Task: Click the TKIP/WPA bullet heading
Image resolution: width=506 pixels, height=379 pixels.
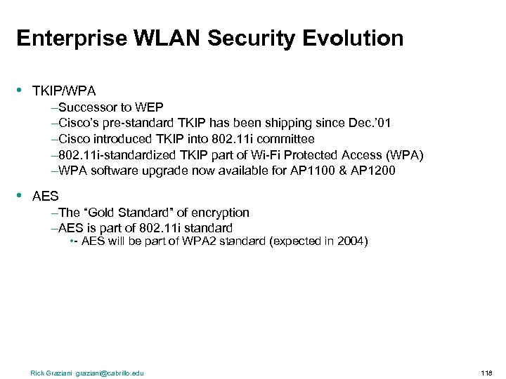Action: click(64, 91)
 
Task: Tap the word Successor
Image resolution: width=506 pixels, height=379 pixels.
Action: click(86, 107)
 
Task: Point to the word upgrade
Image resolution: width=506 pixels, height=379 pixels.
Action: click(167, 171)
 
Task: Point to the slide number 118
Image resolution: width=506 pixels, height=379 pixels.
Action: click(486, 373)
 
